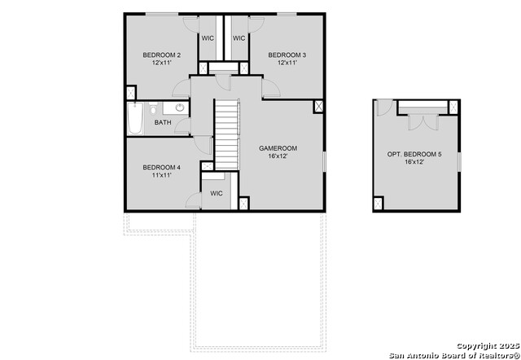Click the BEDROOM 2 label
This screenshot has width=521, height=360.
(161, 55)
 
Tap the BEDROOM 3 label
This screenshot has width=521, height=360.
(287, 55)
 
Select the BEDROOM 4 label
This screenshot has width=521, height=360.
(161, 167)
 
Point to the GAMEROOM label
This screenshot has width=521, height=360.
(278, 148)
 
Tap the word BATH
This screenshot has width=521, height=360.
(163, 123)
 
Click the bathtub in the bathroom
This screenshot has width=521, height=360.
(136, 119)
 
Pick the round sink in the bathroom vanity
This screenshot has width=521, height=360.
(180, 108)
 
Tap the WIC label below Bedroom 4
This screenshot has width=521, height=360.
(216, 193)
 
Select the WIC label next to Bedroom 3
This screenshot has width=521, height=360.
(239, 38)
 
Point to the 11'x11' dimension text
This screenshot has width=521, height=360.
(161, 175)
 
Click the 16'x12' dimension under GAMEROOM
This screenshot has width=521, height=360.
(278, 156)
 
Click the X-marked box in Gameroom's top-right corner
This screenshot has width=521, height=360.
(317, 106)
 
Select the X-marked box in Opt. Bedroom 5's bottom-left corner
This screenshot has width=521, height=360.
(379, 202)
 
